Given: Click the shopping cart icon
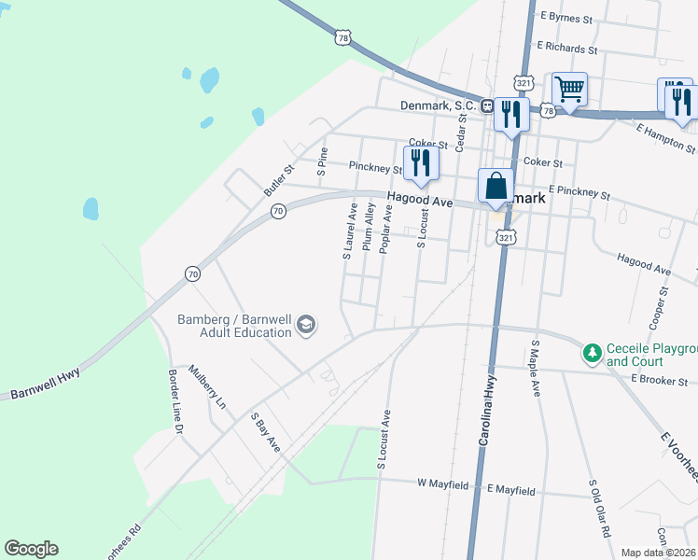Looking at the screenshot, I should click(x=569, y=91).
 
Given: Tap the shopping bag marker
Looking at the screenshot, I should click(x=496, y=185).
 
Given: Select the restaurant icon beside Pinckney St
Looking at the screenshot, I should click(x=420, y=162).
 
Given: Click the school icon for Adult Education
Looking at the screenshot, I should click(x=305, y=325).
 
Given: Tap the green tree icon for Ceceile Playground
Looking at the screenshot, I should click(x=592, y=353).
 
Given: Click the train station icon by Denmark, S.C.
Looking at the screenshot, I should click(x=487, y=105).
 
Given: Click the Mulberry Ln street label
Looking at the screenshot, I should click(x=207, y=386).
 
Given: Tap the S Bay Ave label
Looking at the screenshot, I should click(x=265, y=434).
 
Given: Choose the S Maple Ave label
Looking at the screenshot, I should click(x=536, y=369).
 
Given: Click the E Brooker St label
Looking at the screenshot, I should click(x=659, y=380).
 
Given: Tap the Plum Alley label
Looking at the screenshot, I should click(x=370, y=230).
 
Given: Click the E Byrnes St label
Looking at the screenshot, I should click(x=566, y=18).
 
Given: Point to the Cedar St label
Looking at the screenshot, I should click(x=460, y=133).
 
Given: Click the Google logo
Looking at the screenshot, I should click(x=31, y=549).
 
